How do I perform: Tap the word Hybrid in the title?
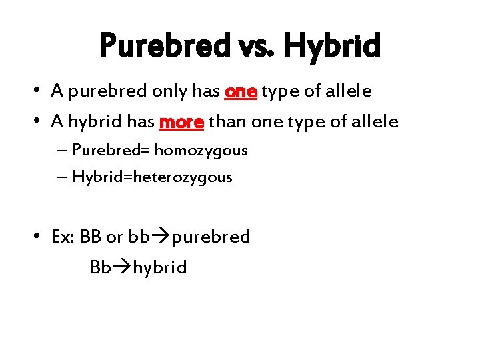point(332,46)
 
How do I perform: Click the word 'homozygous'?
point(201,151)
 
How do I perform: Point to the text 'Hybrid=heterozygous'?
point(152,177)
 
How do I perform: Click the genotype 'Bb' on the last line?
point(101,267)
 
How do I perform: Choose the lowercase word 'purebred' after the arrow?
point(211,237)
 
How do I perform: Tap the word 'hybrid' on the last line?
point(160,267)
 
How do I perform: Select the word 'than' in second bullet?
point(225,122)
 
